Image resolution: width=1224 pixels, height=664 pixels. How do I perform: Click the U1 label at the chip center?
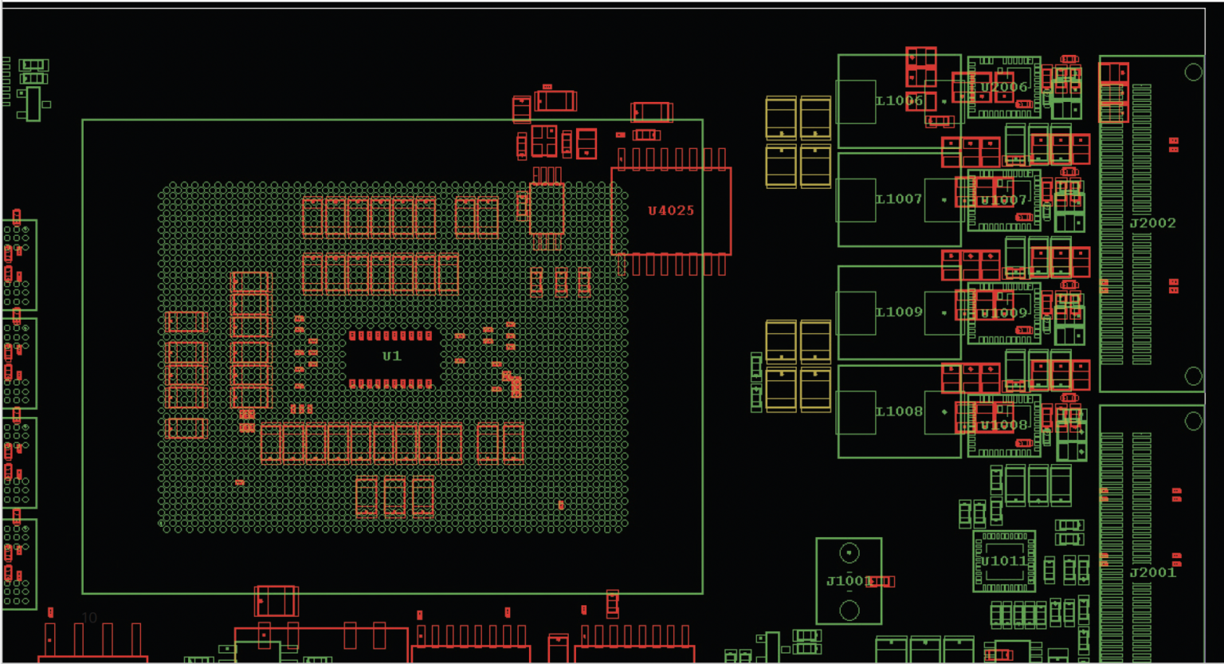391,356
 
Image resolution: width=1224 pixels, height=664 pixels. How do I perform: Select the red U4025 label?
670,210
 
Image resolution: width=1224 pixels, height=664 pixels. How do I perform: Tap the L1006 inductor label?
899,100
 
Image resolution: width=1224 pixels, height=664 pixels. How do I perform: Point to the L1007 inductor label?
899,199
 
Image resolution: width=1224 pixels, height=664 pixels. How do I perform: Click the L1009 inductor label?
899,312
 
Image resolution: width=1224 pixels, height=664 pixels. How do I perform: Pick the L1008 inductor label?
899,411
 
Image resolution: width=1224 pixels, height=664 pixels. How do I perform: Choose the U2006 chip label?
1004,87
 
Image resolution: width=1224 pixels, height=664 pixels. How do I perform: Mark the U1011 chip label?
1004,561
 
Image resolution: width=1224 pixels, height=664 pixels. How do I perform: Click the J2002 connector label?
1152,223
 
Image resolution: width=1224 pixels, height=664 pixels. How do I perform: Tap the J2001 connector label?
1152,572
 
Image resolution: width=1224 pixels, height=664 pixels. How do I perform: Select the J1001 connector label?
849,580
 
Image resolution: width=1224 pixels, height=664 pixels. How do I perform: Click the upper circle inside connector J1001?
849,552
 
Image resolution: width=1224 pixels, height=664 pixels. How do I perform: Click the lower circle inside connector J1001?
849,611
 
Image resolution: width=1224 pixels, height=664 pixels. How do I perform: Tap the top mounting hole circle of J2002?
1193,72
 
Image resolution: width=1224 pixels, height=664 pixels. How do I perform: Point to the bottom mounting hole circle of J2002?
1193,375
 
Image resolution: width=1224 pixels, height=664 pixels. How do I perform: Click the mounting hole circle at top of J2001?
1193,420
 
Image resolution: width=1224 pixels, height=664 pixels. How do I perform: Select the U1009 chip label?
1004,312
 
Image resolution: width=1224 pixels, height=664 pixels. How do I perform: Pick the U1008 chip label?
1004,425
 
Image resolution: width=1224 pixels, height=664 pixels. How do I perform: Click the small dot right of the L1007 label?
944,200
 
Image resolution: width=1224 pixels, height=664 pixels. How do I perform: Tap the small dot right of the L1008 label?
944,412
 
